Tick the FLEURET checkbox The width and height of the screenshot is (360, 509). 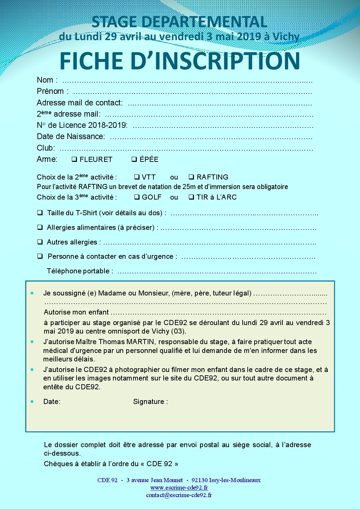click(x=74, y=159)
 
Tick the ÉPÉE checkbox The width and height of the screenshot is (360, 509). click(x=134, y=159)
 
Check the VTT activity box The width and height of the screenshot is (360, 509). click(x=137, y=177)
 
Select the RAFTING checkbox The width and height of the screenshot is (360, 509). click(x=192, y=177)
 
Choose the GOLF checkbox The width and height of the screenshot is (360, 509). click(x=137, y=197)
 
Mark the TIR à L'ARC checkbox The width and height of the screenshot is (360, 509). click(x=192, y=197)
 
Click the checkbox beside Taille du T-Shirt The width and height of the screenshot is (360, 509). click(x=40, y=213)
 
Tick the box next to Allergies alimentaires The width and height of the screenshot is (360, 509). click(x=40, y=227)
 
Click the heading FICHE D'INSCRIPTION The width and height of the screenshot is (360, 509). click(x=180, y=61)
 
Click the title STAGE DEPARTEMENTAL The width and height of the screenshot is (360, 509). click(x=179, y=22)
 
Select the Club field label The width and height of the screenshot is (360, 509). click(x=46, y=148)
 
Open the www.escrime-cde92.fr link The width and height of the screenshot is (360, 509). click(x=179, y=488)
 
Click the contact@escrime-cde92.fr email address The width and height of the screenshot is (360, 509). click(x=179, y=495)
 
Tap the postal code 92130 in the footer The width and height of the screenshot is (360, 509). click(x=199, y=480)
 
